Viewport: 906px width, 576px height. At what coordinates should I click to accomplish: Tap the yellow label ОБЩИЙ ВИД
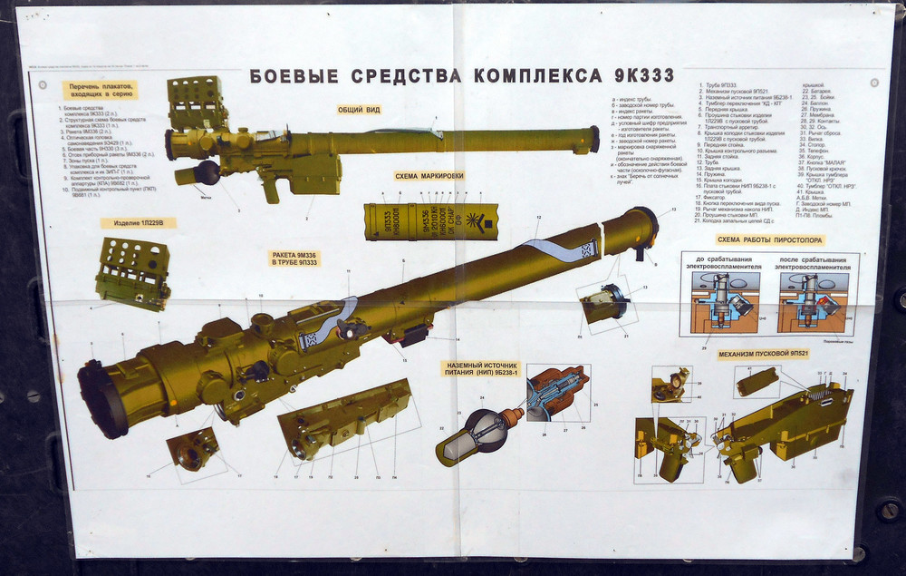point(359,109)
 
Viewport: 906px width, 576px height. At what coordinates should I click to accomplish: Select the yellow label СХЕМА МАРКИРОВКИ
point(429,176)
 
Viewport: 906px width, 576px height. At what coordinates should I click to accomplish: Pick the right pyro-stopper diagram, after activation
point(812,303)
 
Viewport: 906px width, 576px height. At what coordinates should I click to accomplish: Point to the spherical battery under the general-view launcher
point(207,172)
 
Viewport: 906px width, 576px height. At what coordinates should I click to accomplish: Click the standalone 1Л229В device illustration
point(132,269)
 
